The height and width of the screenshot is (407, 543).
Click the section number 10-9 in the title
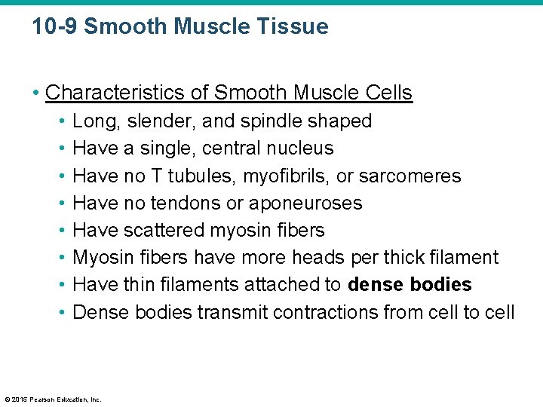point(55,27)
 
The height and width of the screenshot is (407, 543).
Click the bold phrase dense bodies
point(410,284)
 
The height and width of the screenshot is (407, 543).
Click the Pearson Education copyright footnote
point(52,399)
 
